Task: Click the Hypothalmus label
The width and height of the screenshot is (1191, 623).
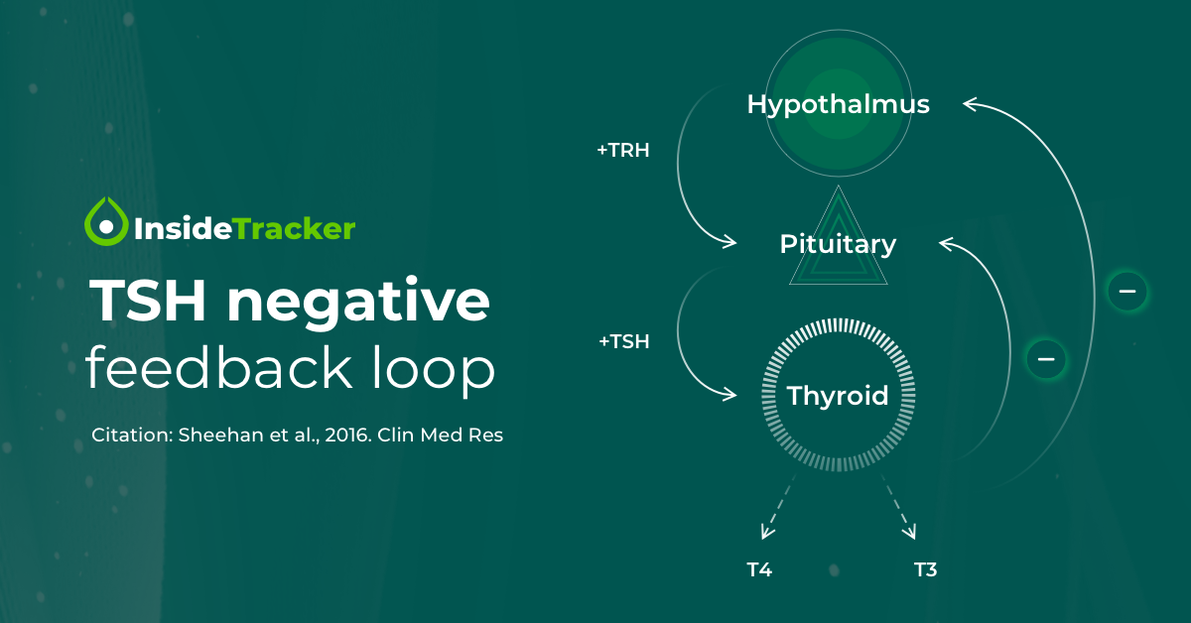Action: pos(839,105)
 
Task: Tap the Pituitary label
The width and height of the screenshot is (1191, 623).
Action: pos(838,245)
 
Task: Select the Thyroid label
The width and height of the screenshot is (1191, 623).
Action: pos(838,396)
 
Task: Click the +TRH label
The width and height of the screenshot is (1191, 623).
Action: pos(623,151)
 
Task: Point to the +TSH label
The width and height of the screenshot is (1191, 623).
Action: pos(624,342)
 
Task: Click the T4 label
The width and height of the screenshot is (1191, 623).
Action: pos(759,569)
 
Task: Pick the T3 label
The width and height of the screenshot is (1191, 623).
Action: pos(926,569)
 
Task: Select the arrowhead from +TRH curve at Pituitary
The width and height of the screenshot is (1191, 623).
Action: pos(729,242)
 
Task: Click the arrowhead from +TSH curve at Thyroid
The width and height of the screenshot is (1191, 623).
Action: pos(729,395)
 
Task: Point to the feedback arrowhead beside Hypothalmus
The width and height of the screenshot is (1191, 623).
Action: pos(971,104)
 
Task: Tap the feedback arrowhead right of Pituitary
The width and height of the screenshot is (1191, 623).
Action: pos(947,244)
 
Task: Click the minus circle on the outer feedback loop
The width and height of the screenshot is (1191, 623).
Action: pos(1127,292)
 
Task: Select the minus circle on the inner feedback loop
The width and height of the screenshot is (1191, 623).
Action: pos(1046,359)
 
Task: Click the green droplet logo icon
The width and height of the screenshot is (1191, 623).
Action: pos(106,221)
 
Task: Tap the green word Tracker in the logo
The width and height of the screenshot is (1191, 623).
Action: pos(294,229)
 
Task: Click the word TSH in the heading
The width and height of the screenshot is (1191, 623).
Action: pos(148,301)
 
